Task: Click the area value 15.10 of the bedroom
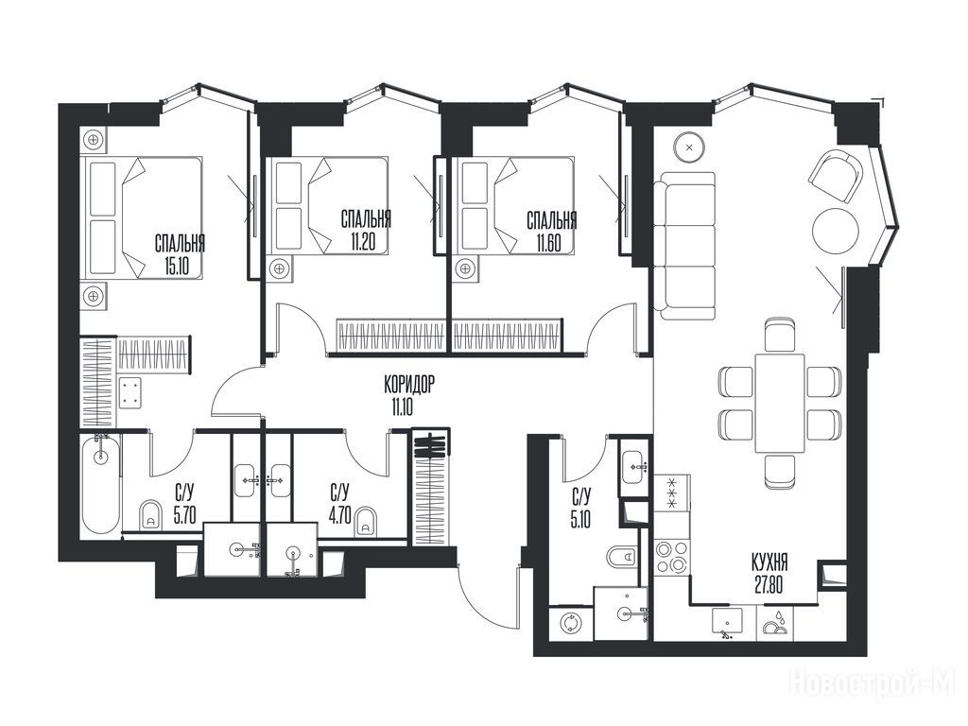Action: point(178,268)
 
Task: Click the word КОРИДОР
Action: point(408,386)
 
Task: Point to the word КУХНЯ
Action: point(769,562)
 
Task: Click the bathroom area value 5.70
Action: point(185,514)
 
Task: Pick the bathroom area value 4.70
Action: point(340,514)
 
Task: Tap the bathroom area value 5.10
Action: point(580,519)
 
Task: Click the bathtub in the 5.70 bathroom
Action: point(100,484)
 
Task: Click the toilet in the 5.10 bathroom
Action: point(621,557)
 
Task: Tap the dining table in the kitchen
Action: point(780,403)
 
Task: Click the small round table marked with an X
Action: point(689,147)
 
